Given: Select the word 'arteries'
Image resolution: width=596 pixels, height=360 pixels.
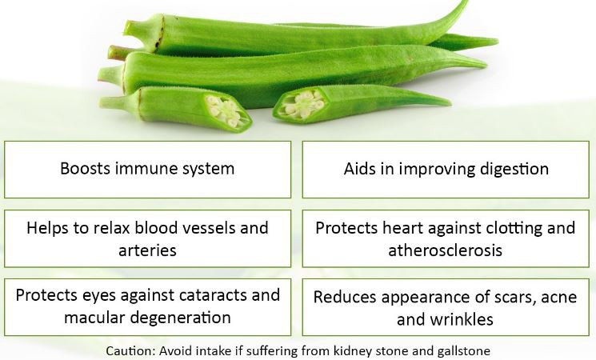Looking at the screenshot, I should [x=149, y=250].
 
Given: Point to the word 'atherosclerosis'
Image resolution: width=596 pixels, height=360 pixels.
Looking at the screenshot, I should [x=446, y=250].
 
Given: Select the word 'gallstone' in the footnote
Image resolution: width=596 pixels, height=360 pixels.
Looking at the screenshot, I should [x=463, y=350].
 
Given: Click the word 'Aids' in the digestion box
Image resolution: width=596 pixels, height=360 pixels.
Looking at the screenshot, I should [x=362, y=169].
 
